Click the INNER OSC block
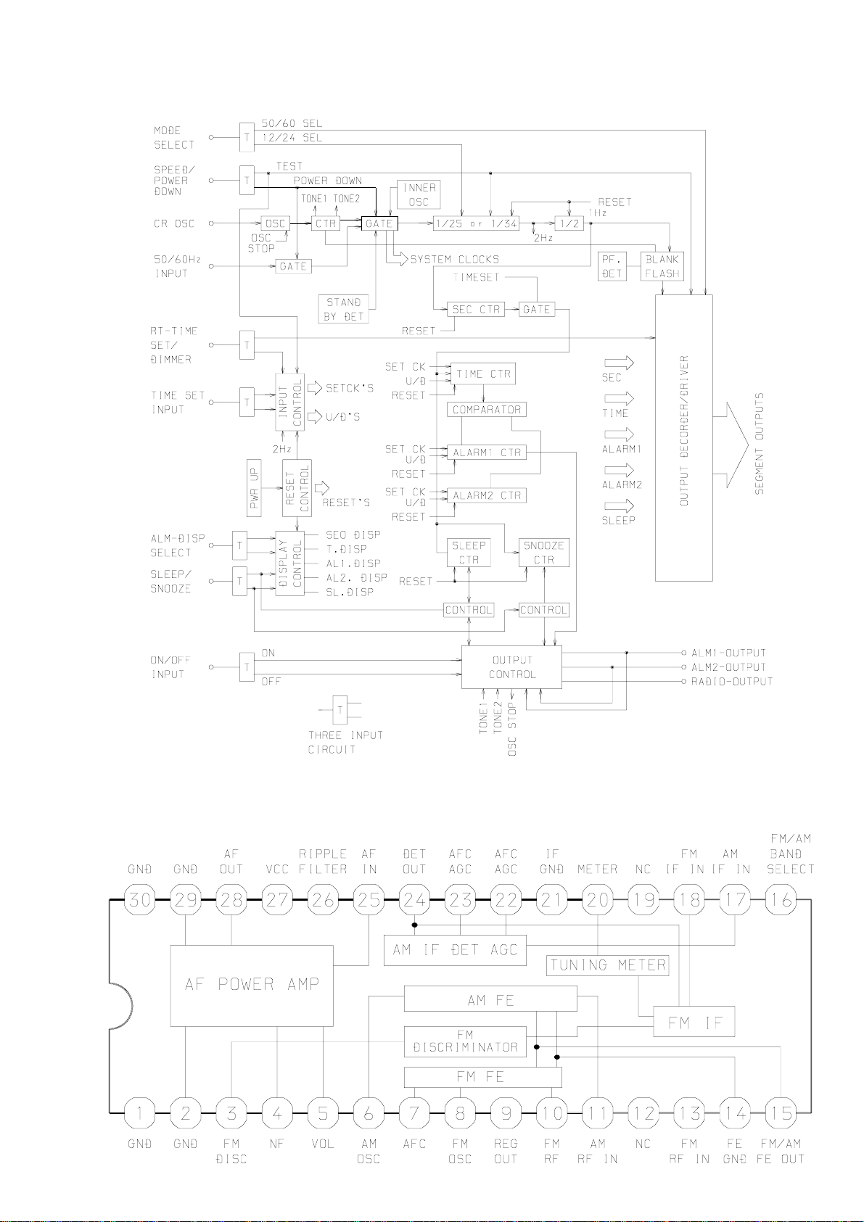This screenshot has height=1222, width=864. pyautogui.click(x=419, y=195)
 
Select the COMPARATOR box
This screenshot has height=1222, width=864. pyautogui.click(x=486, y=410)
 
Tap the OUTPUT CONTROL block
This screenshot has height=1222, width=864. pyautogui.click(x=511, y=667)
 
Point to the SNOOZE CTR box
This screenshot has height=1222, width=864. pyautogui.click(x=543, y=553)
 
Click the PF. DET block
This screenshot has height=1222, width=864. pyautogui.click(x=612, y=266)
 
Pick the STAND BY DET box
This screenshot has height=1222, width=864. pyautogui.click(x=343, y=310)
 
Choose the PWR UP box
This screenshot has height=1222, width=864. pyautogui.click(x=254, y=487)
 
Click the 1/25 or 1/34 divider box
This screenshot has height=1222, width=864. pyautogui.click(x=476, y=223)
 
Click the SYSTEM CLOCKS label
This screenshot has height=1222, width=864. pyautogui.click(x=455, y=259)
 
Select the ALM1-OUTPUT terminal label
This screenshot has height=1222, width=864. pyautogui.click(x=728, y=653)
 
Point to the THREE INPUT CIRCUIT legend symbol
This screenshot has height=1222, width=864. pyautogui.click(x=340, y=710)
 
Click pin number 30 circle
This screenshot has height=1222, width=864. pyautogui.click(x=140, y=899)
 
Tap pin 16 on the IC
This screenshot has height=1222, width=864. pyautogui.click(x=781, y=899)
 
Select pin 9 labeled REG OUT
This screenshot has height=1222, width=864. pyautogui.click(x=506, y=1112)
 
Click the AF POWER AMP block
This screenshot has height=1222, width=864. pyautogui.click(x=252, y=986)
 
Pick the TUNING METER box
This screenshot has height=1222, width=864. pyautogui.click(x=607, y=965)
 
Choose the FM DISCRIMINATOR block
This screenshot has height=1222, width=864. pyautogui.click(x=465, y=1041)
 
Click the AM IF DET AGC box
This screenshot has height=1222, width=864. pyautogui.click(x=455, y=950)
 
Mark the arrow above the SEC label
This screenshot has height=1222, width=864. pyautogui.click(x=619, y=363)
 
